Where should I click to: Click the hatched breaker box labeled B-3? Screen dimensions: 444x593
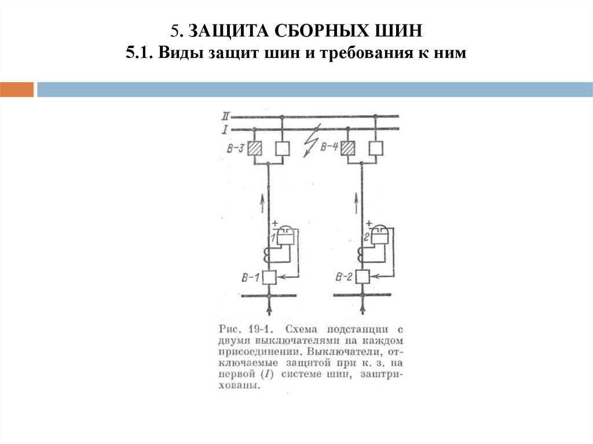coord(254,148)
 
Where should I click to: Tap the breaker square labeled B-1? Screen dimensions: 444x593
coord(269,277)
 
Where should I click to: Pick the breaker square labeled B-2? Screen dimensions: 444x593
coord(363,277)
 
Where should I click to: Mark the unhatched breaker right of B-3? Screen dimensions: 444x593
coord(282,148)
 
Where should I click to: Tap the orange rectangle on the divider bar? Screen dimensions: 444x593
coord(17,90)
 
